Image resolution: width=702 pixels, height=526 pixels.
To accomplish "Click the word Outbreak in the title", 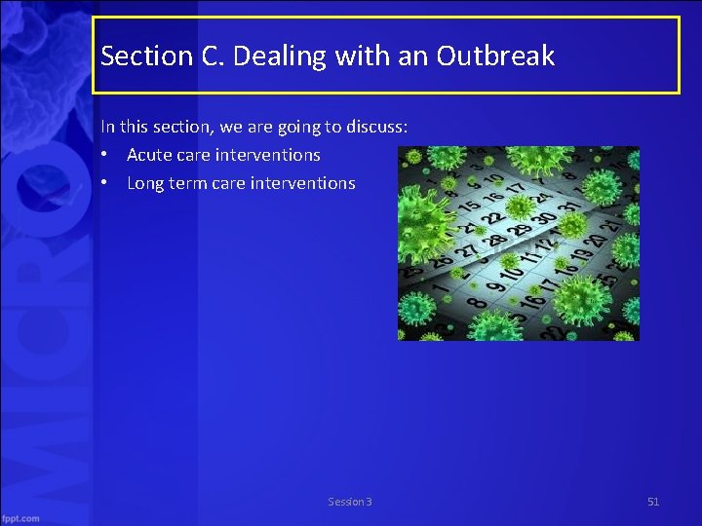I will (495, 56).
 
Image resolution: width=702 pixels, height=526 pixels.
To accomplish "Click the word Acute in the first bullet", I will (148, 155).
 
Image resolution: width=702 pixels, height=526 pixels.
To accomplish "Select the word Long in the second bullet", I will (145, 183).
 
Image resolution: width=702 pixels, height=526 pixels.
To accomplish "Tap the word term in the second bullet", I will (188, 183).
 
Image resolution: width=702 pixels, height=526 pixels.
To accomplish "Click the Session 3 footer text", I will (350, 502).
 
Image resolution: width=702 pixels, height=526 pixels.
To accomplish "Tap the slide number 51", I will (653, 502).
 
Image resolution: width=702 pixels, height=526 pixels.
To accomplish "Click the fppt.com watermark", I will (20, 518).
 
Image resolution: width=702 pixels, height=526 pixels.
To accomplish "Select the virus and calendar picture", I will (518, 244).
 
